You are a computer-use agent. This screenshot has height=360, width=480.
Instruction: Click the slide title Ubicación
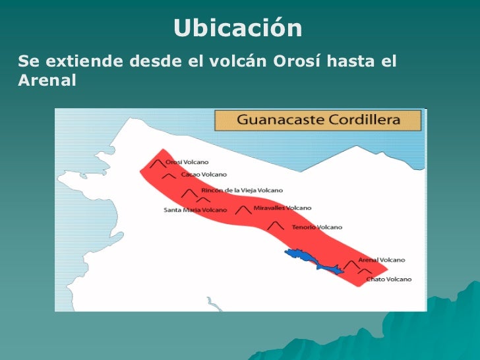coord(238,28)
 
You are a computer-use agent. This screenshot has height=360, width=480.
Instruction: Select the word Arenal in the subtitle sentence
coord(47,80)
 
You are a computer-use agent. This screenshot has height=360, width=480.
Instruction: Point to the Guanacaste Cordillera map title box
coord(318,121)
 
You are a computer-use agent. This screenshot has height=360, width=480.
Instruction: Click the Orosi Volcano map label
coord(187,162)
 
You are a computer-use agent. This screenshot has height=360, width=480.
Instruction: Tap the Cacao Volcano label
coord(204,175)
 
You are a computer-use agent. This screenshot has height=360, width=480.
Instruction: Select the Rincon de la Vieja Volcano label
coord(242,190)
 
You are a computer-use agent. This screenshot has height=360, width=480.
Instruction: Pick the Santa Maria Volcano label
coord(195,210)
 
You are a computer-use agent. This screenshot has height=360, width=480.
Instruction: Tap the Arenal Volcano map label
coord(382,260)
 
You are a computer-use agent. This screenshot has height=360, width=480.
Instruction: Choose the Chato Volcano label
coord(389,279)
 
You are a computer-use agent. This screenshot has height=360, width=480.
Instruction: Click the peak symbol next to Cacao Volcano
coord(169,176)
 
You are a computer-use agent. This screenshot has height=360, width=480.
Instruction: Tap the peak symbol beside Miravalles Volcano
coord(244,210)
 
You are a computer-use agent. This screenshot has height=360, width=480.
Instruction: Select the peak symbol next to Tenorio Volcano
coord(277,226)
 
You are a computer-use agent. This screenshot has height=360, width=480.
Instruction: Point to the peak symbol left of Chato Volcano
coord(365,271)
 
